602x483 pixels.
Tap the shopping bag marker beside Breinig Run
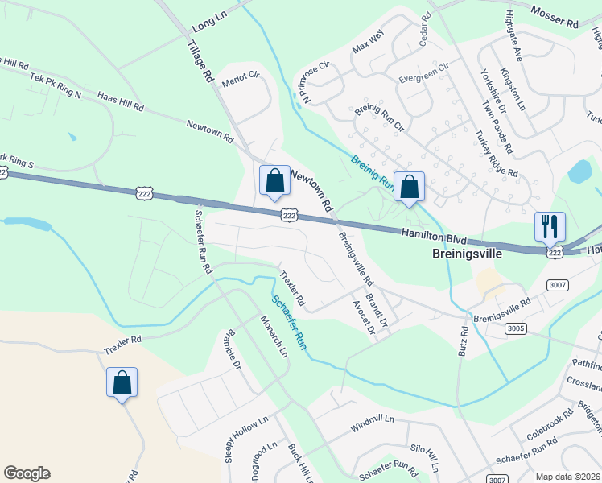coord(409,188)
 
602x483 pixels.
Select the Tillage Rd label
coord(201,66)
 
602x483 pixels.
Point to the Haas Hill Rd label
coord(120,101)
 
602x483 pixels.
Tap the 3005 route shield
coord(517,328)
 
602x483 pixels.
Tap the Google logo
coord(27,473)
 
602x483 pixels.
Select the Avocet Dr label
coord(364,319)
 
